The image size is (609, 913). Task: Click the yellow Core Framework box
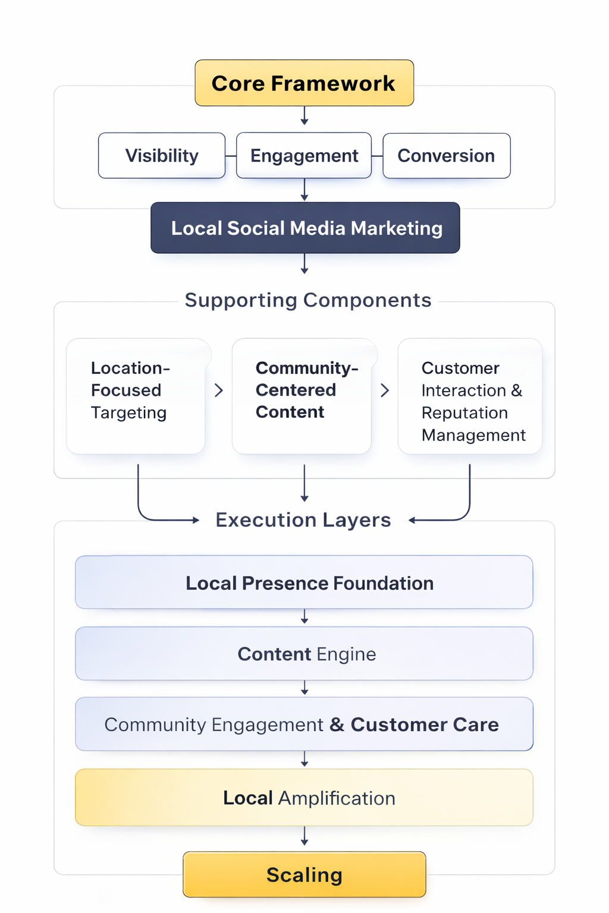[304, 83]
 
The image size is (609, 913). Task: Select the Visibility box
[162, 156]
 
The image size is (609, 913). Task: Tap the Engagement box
[304, 156]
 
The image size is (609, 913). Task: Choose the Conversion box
[446, 156]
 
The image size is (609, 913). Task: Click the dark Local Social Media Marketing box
[305, 228]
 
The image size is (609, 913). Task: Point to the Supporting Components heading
[307, 300]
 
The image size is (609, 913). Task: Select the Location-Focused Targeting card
[136, 396]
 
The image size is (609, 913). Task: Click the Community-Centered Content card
[302, 396]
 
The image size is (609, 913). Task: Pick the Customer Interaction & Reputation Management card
[470, 396]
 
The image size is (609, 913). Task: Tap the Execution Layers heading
[303, 520]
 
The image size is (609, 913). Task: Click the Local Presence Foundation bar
[304, 583]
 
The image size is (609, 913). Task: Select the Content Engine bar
[304, 654]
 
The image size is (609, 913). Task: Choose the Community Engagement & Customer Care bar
[304, 725]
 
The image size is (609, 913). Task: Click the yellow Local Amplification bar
[304, 798]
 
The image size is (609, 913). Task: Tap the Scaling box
[304, 875]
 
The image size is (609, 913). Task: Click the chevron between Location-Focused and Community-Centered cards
[219, 391]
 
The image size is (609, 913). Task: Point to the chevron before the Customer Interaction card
[385, 391]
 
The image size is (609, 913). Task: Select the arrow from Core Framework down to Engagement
[304, 116]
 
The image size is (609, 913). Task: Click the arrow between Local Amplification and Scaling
[304, 836]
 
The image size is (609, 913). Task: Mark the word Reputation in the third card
[464, 413]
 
